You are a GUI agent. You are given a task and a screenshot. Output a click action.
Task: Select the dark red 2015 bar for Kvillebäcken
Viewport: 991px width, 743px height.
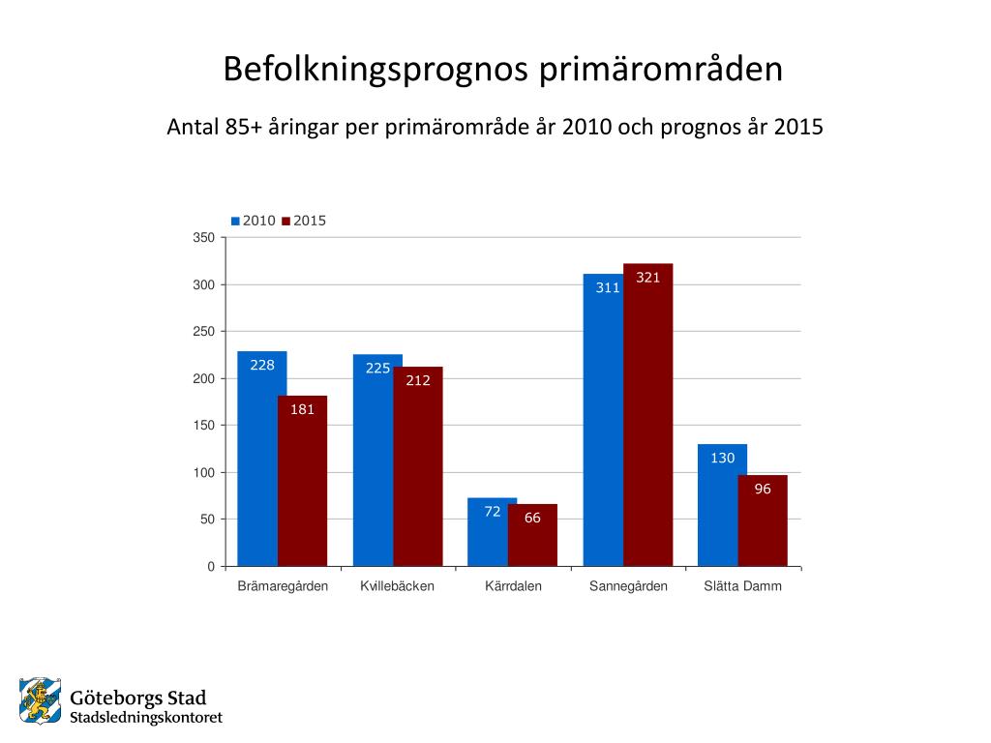(418, 474)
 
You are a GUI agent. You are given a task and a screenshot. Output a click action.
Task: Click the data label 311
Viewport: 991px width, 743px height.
(608, 287)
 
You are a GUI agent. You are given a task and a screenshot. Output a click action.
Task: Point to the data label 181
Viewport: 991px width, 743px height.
(303, 409)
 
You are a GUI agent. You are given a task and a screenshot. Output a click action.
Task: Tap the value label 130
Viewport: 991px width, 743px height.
(723, 458)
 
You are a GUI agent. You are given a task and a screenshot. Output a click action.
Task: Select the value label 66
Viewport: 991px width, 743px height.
(532, 518)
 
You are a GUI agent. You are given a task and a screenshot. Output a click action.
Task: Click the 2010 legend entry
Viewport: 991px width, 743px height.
(254, 221)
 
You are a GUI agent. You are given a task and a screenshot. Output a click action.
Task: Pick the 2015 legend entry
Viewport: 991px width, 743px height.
(304, 221)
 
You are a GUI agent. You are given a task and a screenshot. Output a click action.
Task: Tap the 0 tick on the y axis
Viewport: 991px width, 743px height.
(211, 567)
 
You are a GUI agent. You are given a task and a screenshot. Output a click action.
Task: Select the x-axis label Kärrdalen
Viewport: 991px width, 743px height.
(513, 586)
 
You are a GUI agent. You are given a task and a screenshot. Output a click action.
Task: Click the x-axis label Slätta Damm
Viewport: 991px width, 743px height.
(742, 586)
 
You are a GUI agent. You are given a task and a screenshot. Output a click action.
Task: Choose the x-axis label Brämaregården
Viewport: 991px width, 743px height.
(283, 586)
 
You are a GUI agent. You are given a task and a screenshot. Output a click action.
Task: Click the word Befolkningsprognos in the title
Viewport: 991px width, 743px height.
(375, 70)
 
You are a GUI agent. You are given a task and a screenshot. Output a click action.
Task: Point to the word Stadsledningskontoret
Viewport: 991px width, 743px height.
(146, 718)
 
